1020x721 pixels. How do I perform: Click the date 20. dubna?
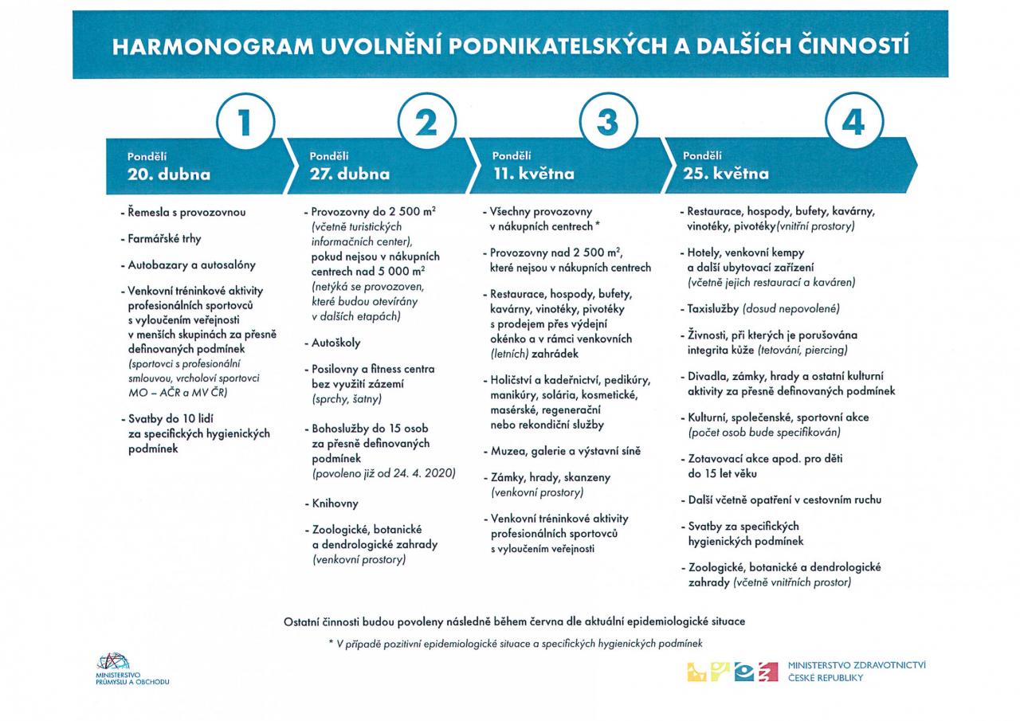(169, 174)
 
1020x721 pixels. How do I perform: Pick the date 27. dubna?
(350, 174)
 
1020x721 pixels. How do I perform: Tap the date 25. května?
(726, 174)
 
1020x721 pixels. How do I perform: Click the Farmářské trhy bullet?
(164, 239)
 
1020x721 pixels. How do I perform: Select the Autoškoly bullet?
(335, 343)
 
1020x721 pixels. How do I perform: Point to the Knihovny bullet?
(335, 504)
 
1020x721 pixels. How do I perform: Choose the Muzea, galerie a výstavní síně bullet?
(565, 451)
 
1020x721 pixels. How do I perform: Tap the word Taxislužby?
(713, 308)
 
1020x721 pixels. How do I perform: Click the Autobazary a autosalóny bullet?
(191, 265)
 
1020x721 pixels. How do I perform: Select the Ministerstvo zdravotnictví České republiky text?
(856, 671)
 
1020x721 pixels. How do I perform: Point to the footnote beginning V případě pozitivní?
(515, 643)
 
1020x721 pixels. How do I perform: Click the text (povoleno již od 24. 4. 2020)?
(383, 473)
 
